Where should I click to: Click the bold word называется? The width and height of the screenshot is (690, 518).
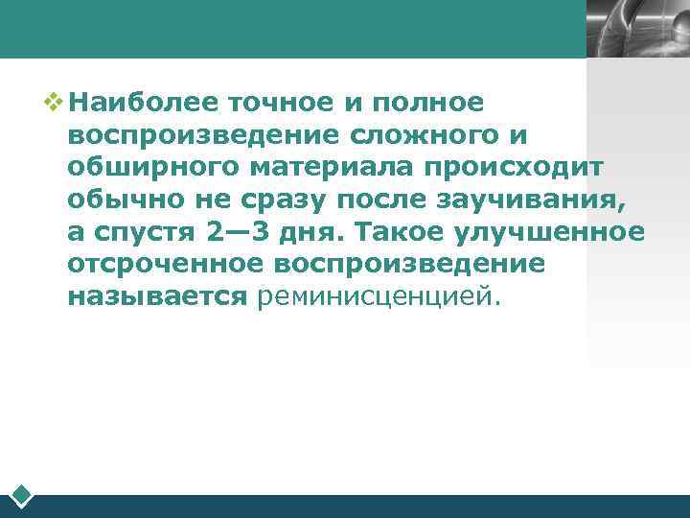click(x=158, y=297)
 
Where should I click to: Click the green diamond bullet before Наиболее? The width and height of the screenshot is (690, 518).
click(x=54, y=99)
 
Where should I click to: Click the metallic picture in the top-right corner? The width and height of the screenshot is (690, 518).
click(x=637, y=29)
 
